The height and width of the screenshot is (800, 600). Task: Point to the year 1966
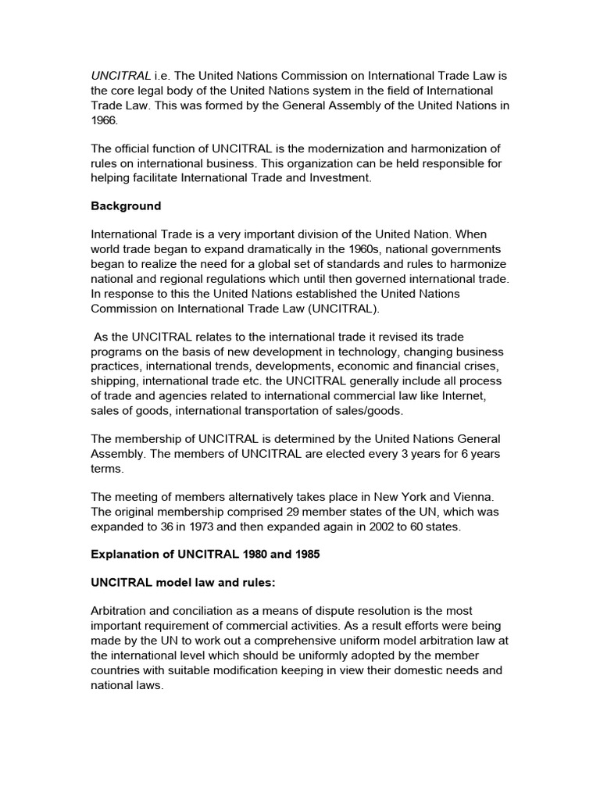pyautogui.click(x=105, y=121)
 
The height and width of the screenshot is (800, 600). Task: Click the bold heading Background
pyautogui.click(x=126, y=206)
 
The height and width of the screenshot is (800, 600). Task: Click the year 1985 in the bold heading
pyautogui.click(x=308, y=554)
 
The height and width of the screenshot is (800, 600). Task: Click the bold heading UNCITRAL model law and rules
pyautogui.click(x=178, y=582)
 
